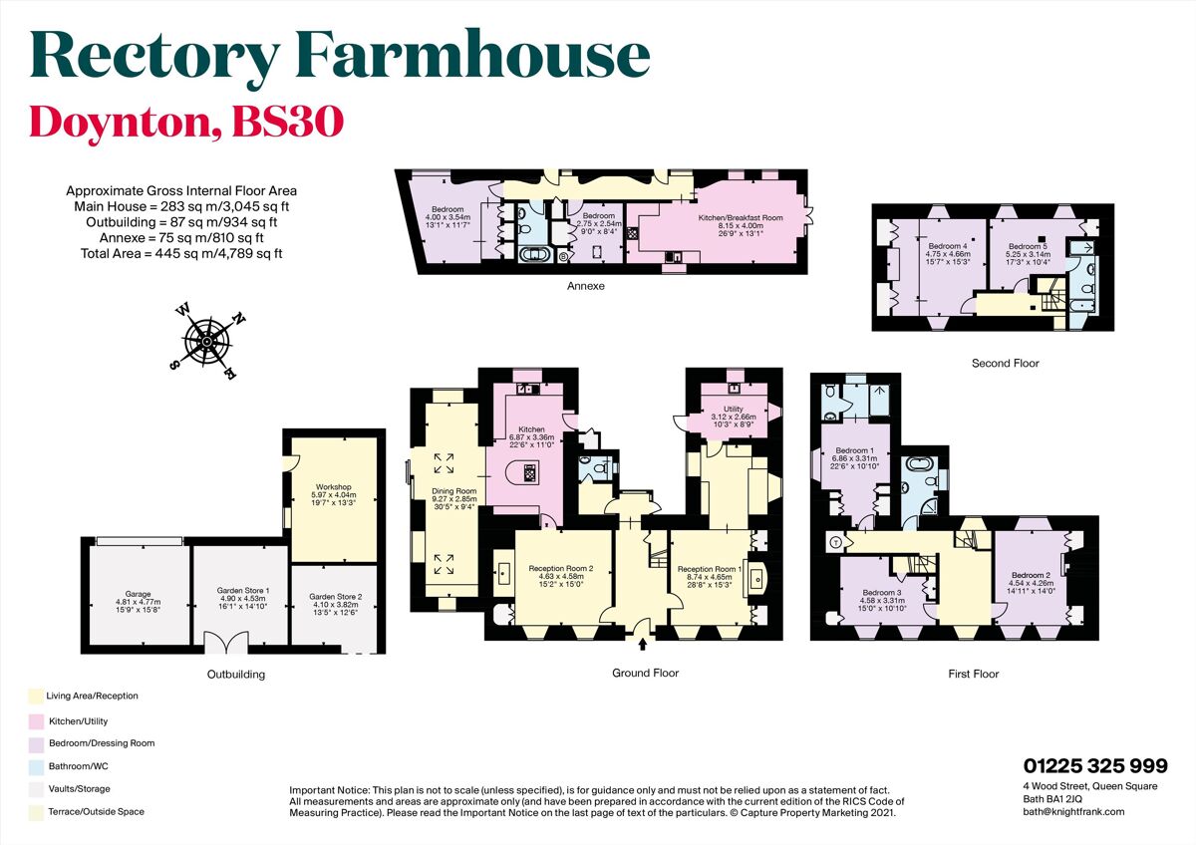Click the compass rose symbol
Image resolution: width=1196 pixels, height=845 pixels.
coord(206,341)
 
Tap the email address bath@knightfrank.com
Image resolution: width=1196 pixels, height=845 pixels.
coord(1073,812)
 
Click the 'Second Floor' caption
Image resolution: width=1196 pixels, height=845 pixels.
coord(1005,364)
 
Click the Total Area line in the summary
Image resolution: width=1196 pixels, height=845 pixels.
coord(181,253)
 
